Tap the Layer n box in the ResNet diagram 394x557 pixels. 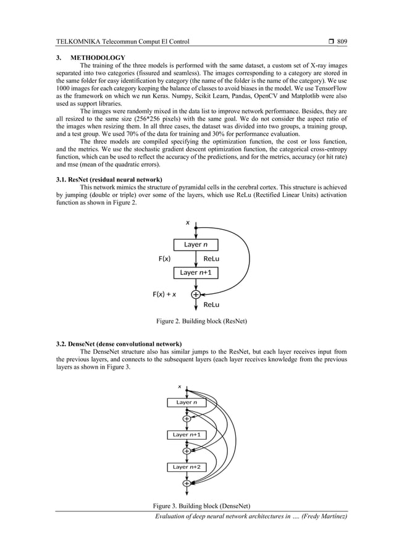pyautogui.click(x=196, y=245)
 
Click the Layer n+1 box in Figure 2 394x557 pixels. pyautogui.click(x=196, y=272)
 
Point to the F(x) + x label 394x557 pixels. pyautogui.click(x=164, y=295)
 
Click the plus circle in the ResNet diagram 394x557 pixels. pyautogui.click(x=196, y=295)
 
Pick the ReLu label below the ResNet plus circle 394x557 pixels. pyautogui.click(x=212, y=305)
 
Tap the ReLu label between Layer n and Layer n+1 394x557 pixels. pyautogui.click(x=212, y=259)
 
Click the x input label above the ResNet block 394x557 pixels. pyautogui.click(x=187, y=221)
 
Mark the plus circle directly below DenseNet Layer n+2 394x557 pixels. pyautogui.click(x=187, y=484)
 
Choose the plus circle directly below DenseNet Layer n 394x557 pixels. pyautogui.click(x=187, y=419)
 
